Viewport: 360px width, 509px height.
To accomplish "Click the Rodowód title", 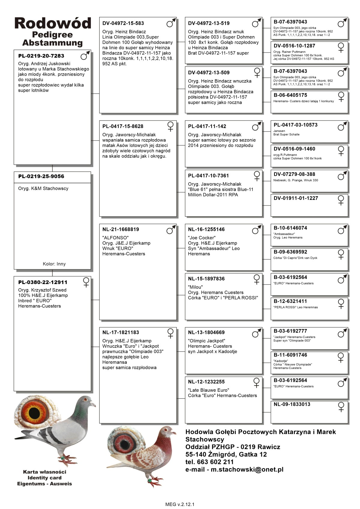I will click(x=53, y=23).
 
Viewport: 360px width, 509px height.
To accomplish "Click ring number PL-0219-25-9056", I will click(x=41, y=176).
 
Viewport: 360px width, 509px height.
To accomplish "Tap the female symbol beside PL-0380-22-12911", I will click(x=86, y=282).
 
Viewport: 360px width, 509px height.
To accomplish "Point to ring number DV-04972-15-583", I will click(x=123, y=23).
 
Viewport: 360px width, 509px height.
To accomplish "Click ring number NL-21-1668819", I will click(x=121, y=229).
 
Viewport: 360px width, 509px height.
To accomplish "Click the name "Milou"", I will click(x=195, y=287).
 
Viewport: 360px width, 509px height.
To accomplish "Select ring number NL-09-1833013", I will click(x=292, y=404).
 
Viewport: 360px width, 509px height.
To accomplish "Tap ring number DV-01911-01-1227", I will click(x=296, y=198).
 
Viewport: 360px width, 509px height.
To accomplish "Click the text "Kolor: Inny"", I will click(x=54, y=264).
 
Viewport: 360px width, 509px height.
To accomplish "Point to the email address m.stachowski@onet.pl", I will click(x=247, y=469).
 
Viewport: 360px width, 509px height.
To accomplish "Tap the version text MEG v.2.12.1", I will click(x=180, y=504).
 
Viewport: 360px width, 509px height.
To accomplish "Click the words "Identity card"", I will click(x=44, y=478).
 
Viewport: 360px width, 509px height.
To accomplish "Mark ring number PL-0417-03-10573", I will click(x=295, y=125).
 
